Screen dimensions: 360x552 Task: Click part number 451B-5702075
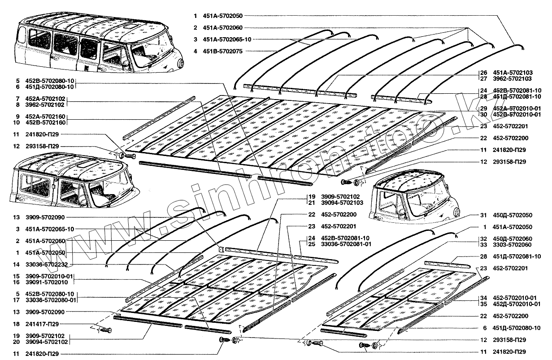coord(223,51)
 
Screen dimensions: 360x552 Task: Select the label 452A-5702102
coord(47,98)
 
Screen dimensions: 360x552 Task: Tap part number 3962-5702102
coord(47,104)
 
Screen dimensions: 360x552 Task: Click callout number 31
coord(482,215)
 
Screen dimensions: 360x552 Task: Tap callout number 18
coord(16,323)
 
